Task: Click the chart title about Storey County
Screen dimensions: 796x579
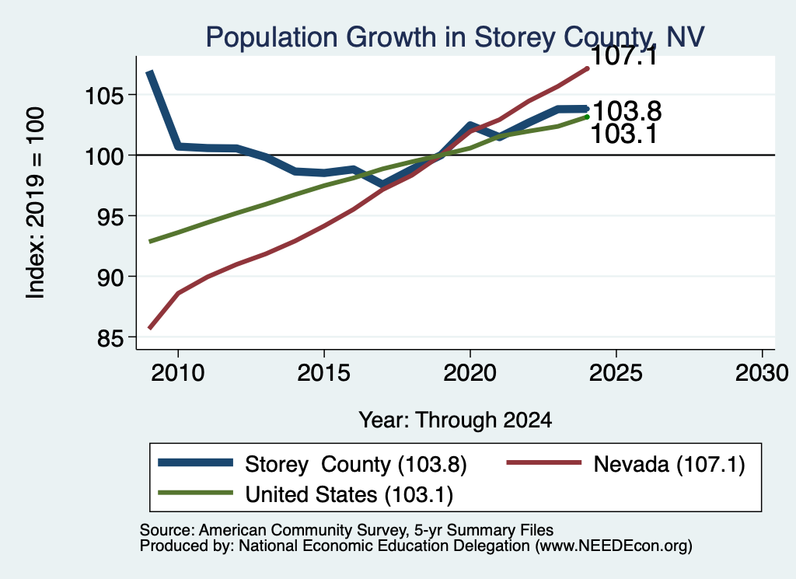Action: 455,37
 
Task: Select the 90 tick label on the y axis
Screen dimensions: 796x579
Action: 110,277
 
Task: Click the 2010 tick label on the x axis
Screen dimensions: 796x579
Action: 178,373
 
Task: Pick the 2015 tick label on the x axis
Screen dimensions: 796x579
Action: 324,373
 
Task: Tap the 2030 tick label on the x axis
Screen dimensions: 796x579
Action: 762,373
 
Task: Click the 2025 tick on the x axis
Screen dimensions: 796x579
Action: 616,352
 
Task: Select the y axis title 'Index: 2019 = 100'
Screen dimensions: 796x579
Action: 35,203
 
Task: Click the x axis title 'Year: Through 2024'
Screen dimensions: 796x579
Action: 456,420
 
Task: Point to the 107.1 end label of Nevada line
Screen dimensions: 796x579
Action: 624,56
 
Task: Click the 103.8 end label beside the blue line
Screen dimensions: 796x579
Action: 627,110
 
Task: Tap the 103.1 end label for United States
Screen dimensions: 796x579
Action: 624,134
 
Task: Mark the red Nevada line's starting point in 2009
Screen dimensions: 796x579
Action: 149,328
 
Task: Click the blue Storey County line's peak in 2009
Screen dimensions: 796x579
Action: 149,73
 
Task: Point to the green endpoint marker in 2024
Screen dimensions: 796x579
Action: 588,117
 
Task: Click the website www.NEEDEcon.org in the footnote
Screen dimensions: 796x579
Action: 613,546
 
